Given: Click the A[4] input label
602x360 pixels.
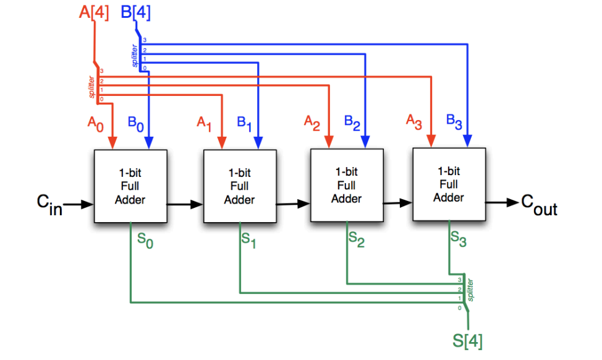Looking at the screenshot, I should [94, 13].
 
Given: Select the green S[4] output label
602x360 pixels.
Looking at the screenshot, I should [468, 340].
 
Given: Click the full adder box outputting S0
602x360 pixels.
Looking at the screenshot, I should [129, 186].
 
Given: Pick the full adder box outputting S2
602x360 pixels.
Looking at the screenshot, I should [346, 185].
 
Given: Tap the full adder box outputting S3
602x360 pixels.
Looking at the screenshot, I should [448, 184].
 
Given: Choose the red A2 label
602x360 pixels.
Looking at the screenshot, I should [312, 122].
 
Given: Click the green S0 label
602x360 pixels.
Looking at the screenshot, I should [143, 242].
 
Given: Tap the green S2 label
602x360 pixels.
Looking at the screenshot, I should [356, 240].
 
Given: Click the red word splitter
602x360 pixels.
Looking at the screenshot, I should [91, 87].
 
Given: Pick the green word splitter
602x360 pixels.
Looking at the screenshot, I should [470, 290].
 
